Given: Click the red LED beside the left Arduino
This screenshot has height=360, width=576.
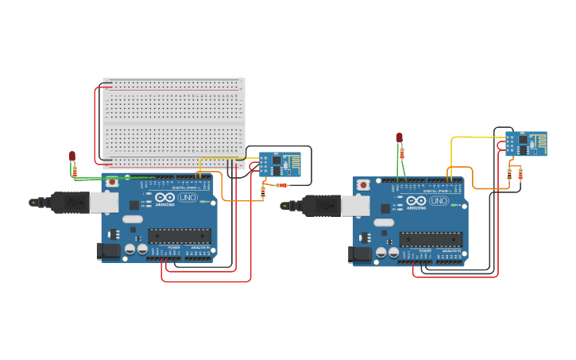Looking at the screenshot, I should (72, 156).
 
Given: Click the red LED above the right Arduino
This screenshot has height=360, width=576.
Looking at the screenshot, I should (400, 137).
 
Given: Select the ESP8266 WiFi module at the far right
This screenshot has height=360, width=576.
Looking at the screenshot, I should (526, 144).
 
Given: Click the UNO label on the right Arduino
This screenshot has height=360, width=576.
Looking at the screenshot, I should (439, 201).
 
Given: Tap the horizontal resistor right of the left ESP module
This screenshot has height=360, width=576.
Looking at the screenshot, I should (281, 185).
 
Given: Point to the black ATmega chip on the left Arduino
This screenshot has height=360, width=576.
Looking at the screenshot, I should (180, 235).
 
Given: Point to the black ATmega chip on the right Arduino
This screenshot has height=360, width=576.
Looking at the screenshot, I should (431, 238).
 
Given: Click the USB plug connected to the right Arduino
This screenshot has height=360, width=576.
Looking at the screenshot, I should (322, 206).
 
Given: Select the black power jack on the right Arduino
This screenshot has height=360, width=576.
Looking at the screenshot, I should (358, 254).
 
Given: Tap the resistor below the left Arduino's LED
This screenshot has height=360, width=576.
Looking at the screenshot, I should (75, 171).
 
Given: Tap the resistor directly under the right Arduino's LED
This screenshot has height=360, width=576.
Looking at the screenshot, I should (402, 153).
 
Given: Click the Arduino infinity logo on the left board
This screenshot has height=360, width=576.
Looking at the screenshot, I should (165, 198).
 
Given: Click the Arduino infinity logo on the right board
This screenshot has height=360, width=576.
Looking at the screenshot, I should (416, 201).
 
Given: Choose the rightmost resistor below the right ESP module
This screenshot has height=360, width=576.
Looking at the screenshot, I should (520, 174).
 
